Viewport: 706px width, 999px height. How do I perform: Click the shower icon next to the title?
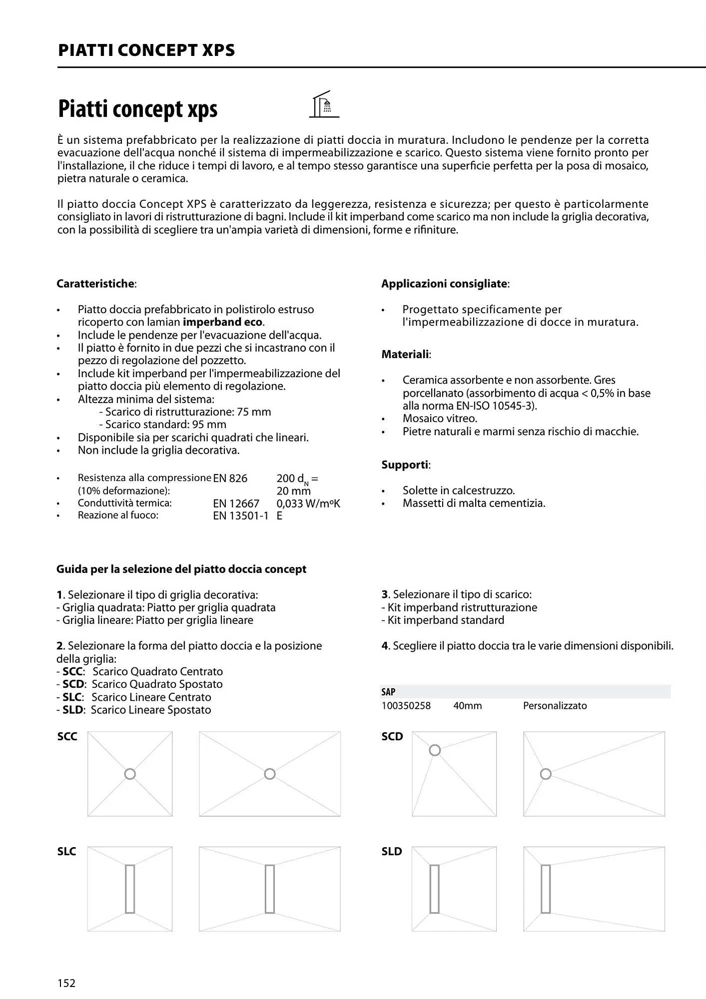coord(324,105)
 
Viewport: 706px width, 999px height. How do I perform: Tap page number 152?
coord(66,983)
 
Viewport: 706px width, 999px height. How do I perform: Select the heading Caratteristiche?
coord(95,284)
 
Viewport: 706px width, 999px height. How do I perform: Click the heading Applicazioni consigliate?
coord(444,284)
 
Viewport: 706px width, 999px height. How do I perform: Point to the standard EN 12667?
coord(236,503)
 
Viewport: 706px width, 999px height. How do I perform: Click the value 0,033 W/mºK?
coord(308,503)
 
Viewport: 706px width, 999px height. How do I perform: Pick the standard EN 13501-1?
coord(240,516)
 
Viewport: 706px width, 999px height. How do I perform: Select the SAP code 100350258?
coord(406,706)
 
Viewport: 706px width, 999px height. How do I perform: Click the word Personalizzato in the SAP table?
coord(555,706)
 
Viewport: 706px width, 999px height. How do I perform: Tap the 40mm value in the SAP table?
coord(467,706)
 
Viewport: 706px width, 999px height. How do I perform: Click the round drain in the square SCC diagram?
coord(130,774)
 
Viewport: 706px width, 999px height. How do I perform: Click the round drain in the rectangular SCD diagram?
coord(546,774)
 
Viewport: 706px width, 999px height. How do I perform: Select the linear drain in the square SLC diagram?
coord(130,889)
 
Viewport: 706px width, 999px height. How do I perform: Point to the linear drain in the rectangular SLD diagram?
coord(546,889)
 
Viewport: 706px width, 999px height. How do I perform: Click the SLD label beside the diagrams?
coord(392,851)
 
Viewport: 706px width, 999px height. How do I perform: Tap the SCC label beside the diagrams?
coord(67,736)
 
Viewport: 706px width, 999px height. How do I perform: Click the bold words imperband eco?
coord(222,322)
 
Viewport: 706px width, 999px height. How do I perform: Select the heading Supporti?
coord(405,465)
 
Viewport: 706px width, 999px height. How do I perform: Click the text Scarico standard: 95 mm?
coord(165,425)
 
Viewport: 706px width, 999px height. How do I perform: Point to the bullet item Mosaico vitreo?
coord(440,419)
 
